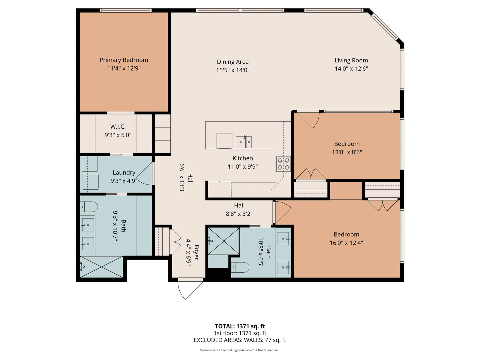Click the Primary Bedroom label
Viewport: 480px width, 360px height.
click(124, 60)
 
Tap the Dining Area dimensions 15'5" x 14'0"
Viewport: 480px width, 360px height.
click(233, 70)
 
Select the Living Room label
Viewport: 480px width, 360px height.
click(351, 60)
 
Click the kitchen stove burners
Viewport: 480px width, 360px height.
click(283, 164)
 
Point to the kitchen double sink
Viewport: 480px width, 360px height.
click(244, 142)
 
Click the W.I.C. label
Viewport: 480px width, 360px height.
click(118, 127)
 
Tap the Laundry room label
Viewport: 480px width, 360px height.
click(124, 173)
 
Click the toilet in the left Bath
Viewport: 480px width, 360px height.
click(89, 207)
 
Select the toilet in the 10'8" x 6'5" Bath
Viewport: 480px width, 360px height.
click(240, 267)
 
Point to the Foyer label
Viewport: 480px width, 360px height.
click(196, 253)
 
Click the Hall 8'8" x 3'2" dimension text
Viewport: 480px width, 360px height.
click(239, 214)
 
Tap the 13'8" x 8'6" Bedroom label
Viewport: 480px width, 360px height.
click(347, 144)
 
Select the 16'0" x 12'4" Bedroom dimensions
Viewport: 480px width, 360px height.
click(346, 243)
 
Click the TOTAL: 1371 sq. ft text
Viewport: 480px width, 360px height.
click(240, 326)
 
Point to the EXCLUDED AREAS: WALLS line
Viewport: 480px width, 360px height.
click(240, 340)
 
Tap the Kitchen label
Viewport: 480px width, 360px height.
click(243, 158)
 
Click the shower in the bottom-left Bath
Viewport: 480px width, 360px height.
click(101, 267)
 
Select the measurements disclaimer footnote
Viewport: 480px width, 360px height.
click(240, 350)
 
